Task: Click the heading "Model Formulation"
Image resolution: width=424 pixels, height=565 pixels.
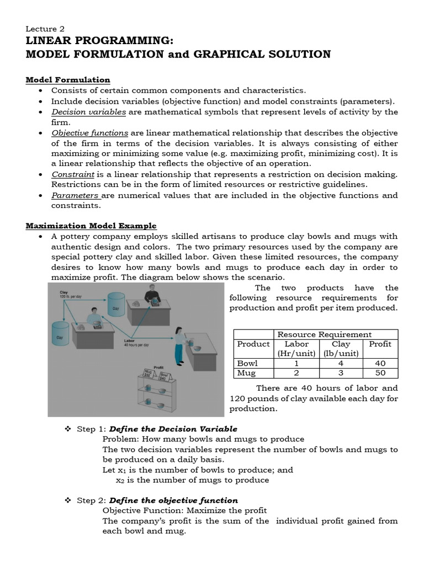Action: [x=68, y=80]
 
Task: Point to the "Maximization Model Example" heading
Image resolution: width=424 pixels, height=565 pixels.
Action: [x=91, y=226]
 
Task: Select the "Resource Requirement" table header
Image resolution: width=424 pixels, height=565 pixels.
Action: [x=324, y=334]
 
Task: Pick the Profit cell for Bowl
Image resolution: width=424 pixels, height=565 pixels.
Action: [x=379, y=364]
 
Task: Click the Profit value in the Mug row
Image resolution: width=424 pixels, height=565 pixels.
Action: [x=379, y=373]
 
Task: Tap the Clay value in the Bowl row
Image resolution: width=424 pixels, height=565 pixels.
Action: [x=341, y=364]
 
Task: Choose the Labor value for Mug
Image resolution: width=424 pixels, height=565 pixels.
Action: [x=296, y=373]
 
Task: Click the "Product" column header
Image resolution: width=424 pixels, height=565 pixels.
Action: [x=253, y=344]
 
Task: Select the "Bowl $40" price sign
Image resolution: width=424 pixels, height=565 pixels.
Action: [x=163, y=377]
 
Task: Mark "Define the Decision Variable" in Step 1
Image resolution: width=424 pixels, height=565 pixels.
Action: [x=173, y=429]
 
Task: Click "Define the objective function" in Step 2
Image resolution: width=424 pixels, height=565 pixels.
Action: [x=173, y=500]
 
